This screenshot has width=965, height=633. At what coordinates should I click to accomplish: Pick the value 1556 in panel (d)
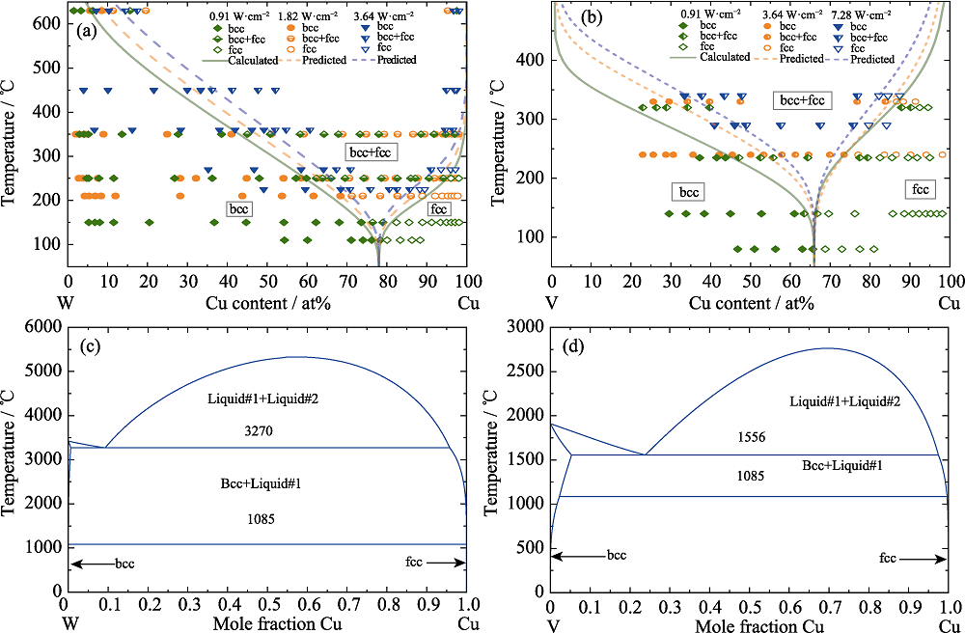pyautogui.click(x=750, y=437)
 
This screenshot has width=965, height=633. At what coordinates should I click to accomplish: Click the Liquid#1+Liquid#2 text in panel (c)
pyautogui.click(x=261, y=398)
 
